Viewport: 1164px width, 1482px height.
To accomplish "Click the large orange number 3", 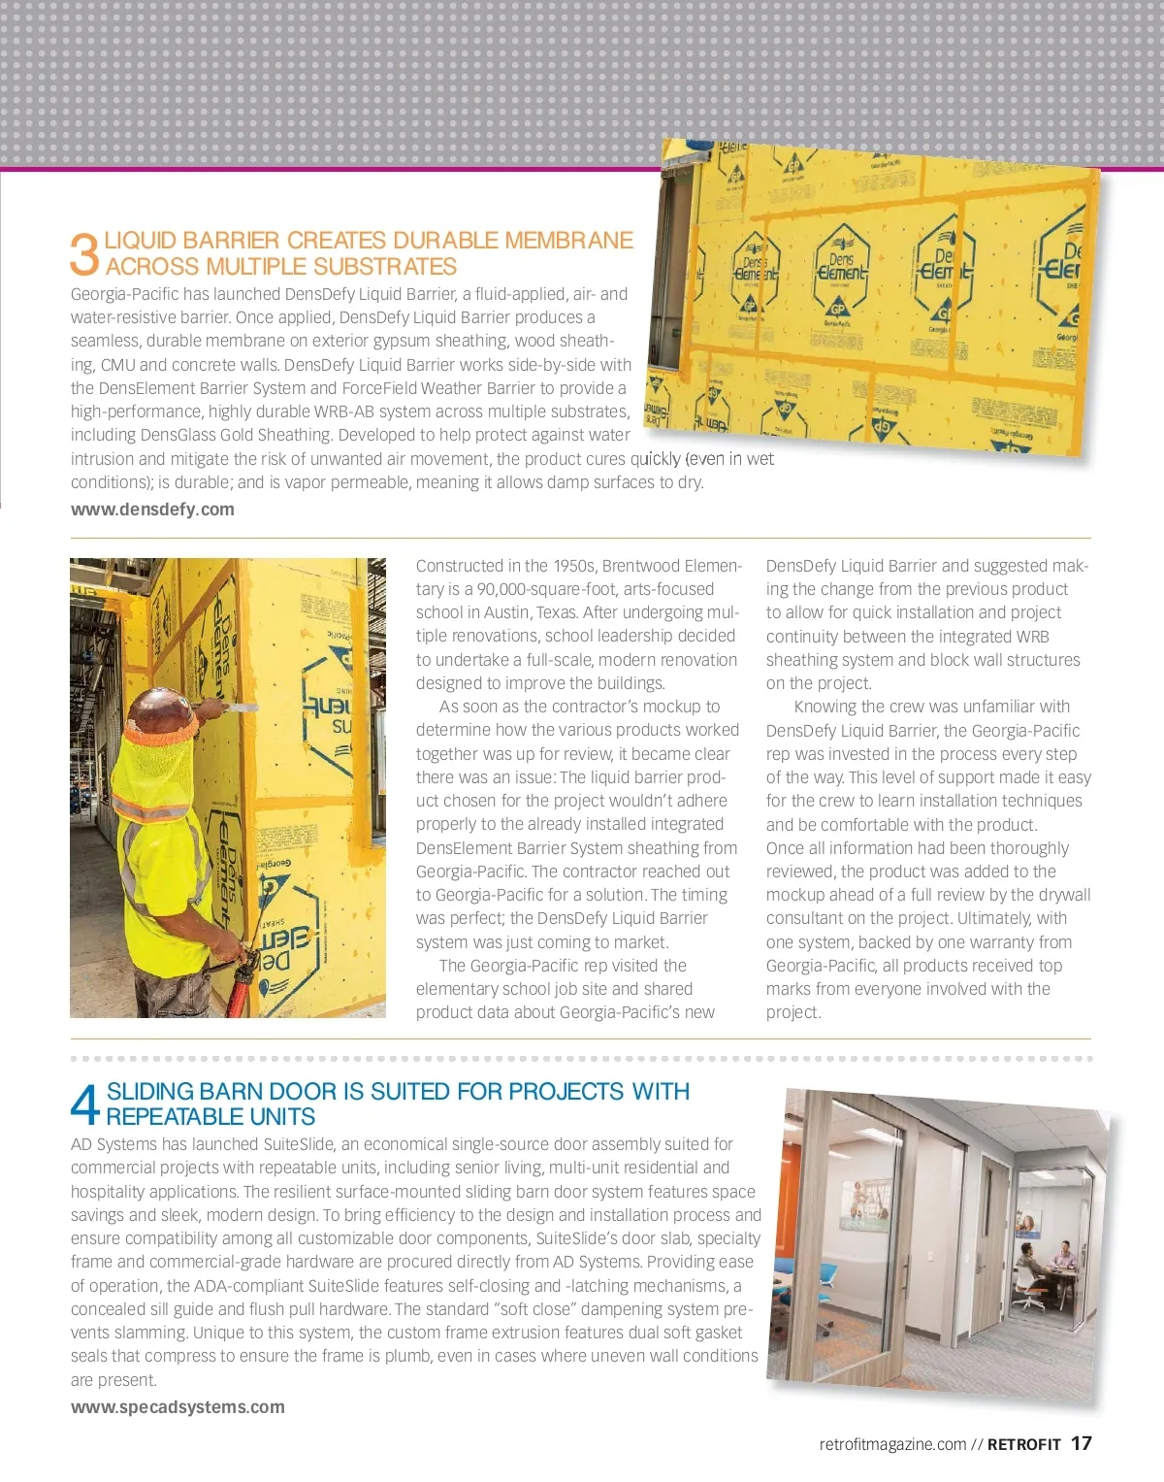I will pos(84,253).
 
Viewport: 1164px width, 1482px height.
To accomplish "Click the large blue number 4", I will pos(85,1103).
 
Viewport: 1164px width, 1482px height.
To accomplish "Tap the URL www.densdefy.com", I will pos(152,510).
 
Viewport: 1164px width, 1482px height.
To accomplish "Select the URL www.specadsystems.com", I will pos(178,1407).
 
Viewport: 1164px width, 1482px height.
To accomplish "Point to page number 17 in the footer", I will pos(1081,1443).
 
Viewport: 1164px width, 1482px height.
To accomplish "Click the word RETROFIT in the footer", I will pos(1023,1444).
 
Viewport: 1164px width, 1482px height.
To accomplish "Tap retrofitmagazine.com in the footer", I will pos(892,1444).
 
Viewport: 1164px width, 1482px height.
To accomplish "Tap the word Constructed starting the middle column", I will pos(460,566).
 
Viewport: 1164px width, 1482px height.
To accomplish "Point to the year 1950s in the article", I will pos(574,566).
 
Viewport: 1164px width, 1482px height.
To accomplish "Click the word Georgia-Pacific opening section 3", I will pos(125,294).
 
